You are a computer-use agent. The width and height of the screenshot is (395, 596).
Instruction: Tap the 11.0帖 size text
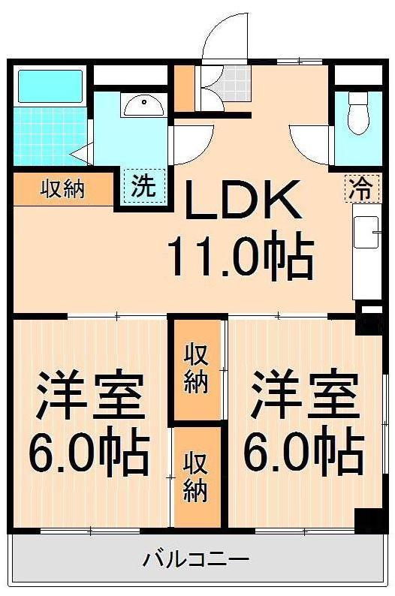pos(239,258)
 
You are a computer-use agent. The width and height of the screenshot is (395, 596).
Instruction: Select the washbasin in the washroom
pos(142,106)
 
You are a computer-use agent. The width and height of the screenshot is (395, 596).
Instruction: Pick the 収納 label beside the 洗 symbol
pos(62,189)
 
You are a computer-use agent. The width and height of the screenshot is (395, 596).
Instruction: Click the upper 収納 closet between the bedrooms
pos(196,368)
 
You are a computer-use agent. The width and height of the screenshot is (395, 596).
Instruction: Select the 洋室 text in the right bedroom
pos(303,396)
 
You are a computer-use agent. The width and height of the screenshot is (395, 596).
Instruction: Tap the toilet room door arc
pos(312,139)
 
